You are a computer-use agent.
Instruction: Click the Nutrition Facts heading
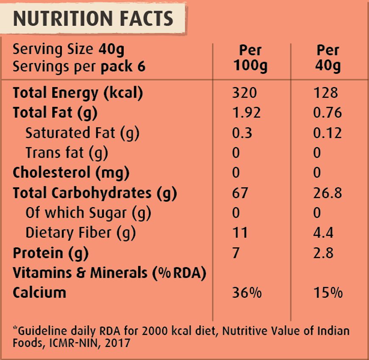93,18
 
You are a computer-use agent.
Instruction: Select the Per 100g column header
250,58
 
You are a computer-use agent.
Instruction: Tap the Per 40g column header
328,58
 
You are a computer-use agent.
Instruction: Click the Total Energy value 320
244,93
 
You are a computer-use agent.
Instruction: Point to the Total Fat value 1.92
246,113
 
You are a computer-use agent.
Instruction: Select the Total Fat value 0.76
327,113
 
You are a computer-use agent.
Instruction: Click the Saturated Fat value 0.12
327,133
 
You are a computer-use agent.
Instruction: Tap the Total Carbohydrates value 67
240,193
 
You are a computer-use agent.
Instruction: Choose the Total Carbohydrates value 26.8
327,193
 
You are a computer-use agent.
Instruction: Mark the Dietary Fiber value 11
240,233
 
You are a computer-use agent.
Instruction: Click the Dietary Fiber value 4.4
323,233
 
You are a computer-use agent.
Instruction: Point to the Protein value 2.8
323,253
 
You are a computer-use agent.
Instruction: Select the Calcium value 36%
246,293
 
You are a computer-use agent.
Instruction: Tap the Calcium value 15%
328,293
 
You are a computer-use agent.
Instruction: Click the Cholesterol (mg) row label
71,173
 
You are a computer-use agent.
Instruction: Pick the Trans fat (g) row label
67,153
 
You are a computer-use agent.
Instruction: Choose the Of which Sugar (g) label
88,213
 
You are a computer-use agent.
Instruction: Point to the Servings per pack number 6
141,67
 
